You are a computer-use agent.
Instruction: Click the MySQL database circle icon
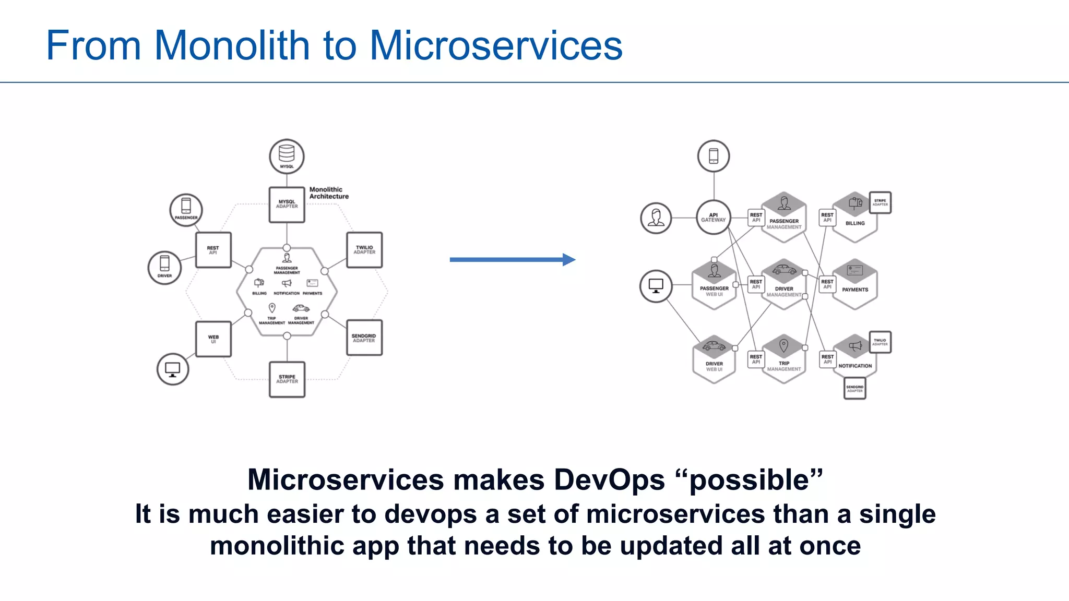[287, 156]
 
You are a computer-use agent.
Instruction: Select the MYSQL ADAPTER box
[287, 205]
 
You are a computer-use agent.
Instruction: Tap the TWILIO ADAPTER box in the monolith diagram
[364, 250]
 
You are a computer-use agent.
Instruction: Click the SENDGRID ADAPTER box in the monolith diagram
[364, 338]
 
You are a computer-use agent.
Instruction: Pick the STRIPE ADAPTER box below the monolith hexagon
[287, 379]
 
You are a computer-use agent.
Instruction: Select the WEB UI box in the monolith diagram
[213, 339]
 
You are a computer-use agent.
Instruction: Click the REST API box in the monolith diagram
[213, 250]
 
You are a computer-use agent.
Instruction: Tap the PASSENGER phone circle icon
[186, 210]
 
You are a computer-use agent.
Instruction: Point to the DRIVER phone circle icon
[164, 267]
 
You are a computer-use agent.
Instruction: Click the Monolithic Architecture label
[328, 193]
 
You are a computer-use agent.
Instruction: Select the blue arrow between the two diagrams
[512, 259]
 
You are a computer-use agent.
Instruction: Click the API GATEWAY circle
[713, 217]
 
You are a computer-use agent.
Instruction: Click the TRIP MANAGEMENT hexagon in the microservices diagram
[783, 359]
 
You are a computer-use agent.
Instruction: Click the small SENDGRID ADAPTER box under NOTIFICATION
[854, 388]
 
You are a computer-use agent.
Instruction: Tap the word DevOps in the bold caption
[609, 479]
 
